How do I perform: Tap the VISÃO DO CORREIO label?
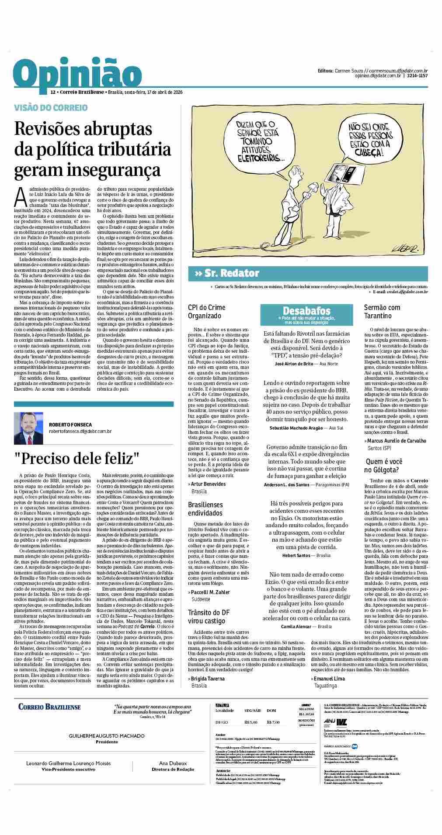(51, 107)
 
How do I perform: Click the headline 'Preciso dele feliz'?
(77, 458)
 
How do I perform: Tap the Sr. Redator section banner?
(227, 274)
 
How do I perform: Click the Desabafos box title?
(306, 310)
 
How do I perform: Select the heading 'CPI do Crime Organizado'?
(207, 311)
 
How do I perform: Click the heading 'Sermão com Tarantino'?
(382, 311)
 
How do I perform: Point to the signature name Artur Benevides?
(209, 484)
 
